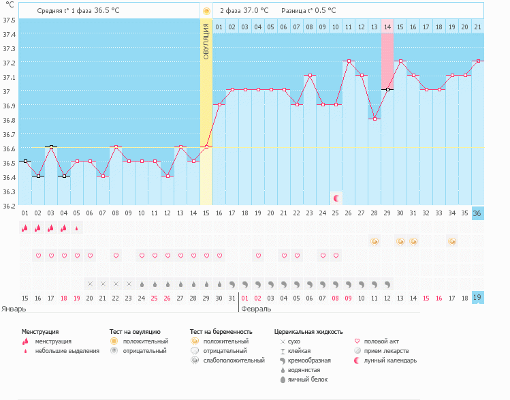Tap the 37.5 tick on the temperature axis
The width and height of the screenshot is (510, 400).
point(9,20)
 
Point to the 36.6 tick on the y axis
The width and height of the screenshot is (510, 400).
point(9,149)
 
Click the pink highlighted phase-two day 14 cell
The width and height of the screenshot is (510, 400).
point(387,27)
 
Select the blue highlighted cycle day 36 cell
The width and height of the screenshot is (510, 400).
point(478,213)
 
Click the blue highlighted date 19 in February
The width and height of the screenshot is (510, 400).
point(478,298)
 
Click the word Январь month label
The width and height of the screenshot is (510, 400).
point(14,309)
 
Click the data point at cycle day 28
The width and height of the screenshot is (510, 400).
point(374,119)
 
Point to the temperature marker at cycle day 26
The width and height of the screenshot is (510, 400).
point(349,61)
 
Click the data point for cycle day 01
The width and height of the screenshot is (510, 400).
point(25,161)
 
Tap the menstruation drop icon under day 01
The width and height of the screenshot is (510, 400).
point(25,228)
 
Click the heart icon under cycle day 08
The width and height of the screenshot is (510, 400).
point(116,256)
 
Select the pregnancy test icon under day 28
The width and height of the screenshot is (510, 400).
point(374,241)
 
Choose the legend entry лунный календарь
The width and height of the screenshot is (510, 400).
point(389,360)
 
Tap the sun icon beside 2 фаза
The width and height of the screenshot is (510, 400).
point(206,12)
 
